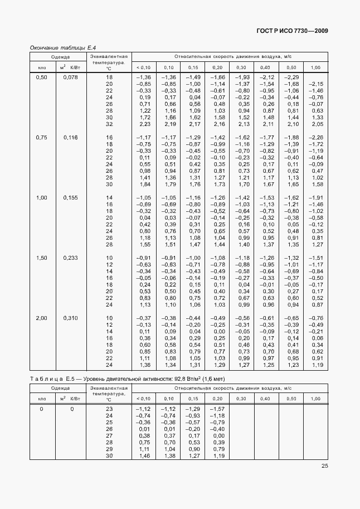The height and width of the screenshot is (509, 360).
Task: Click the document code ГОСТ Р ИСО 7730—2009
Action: [291, 31]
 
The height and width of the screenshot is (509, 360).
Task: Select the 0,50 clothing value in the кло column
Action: [42, 77]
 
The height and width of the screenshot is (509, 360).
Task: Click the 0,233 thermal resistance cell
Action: [71, 258]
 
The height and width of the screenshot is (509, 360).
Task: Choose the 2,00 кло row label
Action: [42, 318]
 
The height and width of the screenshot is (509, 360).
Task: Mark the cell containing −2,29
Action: [292, 77]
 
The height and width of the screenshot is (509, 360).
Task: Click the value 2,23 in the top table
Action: [144, 124]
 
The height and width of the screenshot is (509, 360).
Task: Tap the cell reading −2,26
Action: [316, 137]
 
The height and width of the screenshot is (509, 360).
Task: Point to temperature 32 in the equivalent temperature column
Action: [109, 124]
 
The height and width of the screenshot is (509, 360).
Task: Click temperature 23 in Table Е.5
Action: [109, 409]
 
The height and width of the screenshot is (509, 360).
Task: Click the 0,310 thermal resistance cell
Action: [71, 318]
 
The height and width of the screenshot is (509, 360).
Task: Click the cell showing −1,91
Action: [316, 197]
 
